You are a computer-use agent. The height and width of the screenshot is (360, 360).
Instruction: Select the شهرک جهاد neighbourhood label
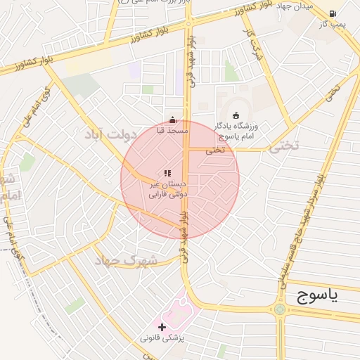(128, 261)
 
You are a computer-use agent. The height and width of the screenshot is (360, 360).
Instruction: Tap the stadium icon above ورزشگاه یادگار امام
(236, 115)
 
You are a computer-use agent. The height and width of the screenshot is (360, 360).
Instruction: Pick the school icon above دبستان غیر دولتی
(167, 173)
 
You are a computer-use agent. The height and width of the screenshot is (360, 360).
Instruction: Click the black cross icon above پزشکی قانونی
(162, 327)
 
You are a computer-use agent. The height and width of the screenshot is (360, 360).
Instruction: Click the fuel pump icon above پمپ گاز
(333, 13)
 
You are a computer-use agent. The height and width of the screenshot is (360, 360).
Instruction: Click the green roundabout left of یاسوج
(281, 309)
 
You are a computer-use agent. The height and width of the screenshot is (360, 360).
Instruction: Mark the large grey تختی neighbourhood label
(285, 146)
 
